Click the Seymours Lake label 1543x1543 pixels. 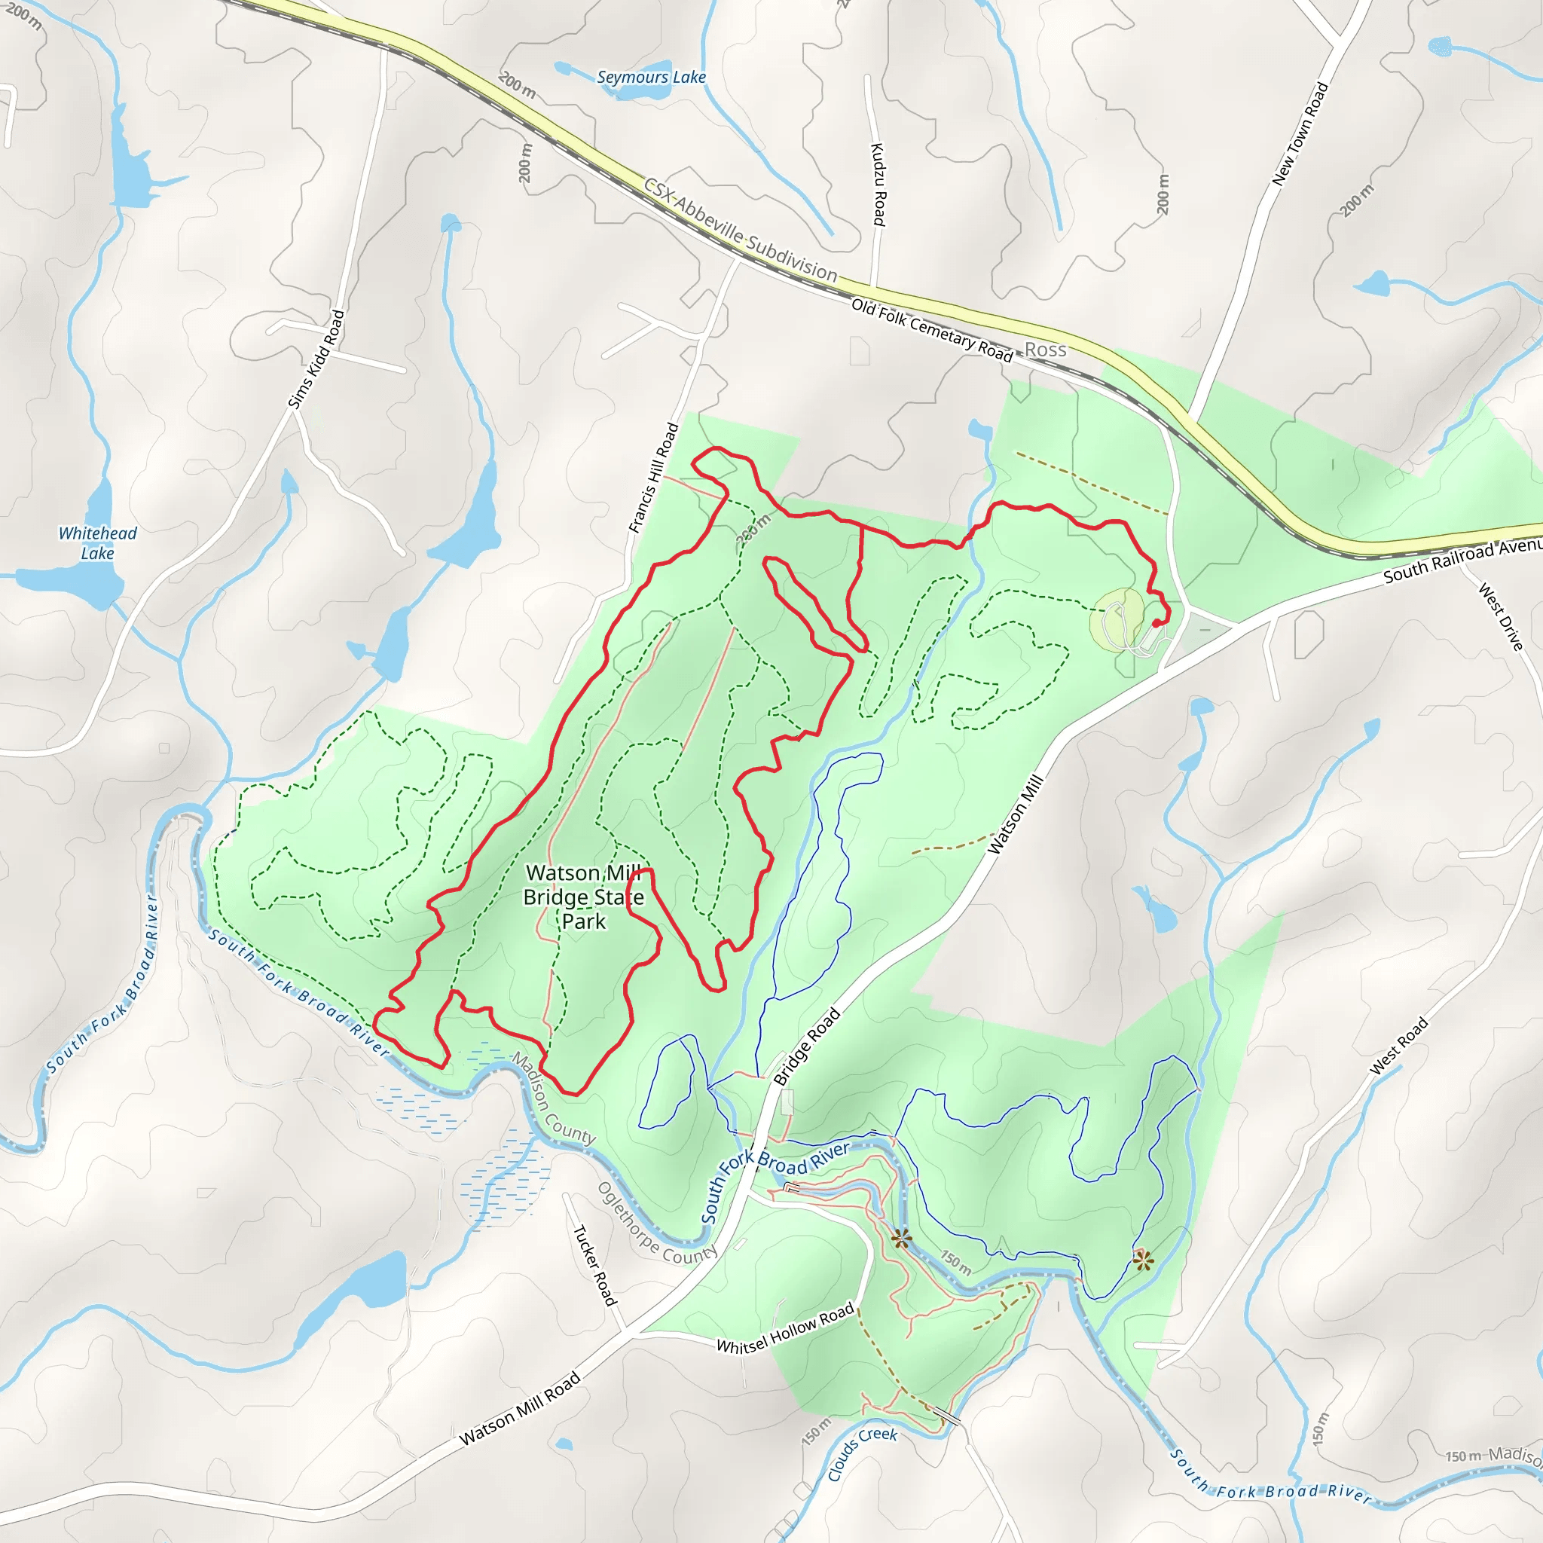point(651,77)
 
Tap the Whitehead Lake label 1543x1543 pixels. point(97,543)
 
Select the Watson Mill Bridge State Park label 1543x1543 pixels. point(583,897)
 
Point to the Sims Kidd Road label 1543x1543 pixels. point(316,359)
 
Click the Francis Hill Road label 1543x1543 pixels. point(653,478)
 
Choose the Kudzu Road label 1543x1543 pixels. point(878,185)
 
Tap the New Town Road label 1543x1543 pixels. point(1300,134)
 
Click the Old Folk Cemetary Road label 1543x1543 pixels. point(931,329)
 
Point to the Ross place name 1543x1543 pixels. point(1046,350)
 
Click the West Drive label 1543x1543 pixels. point(1501,616)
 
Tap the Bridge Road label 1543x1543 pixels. point(807,1046)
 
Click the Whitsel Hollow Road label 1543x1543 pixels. point(785,1330)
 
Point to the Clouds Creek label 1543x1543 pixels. point(862,1453)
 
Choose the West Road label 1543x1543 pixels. point(1398,1046)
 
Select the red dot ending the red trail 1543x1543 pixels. point(1156,624)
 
